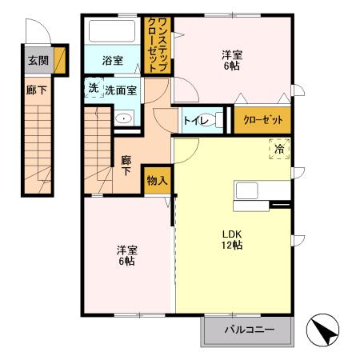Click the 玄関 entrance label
pos(35,59)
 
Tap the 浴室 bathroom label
pos(113,61)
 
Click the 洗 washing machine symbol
pos(93,88)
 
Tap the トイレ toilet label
pos(194,121)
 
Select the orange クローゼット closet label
pos(263,120)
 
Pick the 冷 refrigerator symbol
pos(279,149)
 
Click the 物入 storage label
pos(156,181)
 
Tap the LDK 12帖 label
pos(232,239)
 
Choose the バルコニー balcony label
pos(249,330)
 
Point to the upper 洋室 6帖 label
pos(233,59)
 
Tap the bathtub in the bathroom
pos(114,32)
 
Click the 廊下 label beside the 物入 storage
pos(126,166)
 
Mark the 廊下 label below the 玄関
pos(35,90)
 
